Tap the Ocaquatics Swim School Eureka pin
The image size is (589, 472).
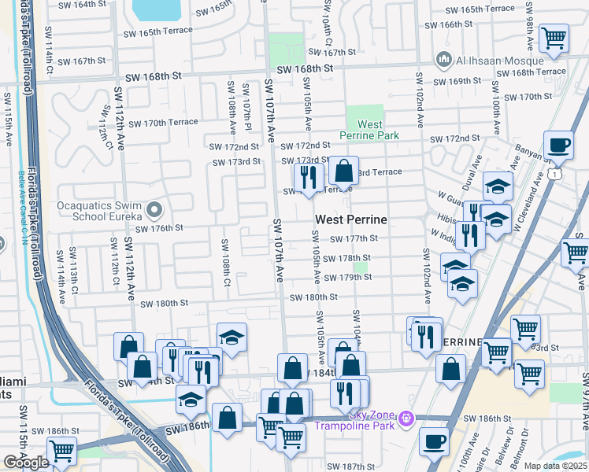pyautogui.click(x=154, y=210)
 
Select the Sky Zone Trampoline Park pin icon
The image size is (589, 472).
pyautogui.click(x=406, y=417)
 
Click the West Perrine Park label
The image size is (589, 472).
pyautogui.click(x=370, y=130)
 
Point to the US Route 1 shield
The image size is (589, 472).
pyautogui.click(x=556, y=171)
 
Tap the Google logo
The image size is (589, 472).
pyautogui.click(x=26, y=463)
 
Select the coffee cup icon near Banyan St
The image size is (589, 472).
pyautogui.click(x=559, y=146)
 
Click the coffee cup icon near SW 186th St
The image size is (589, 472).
pyautogui.click(x=434, y=442)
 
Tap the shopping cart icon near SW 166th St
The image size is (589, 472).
pyautogui.click(x=555, y=37)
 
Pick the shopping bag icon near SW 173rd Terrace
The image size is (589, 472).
pyautogui.click(x=344, y=170)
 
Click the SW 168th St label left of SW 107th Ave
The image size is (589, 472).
pyautogui.click(x=154, y=76)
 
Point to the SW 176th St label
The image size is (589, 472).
pyautogui.click(x=159, y=228)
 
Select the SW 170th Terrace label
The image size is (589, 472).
pyautogui.click(x=164, y=123)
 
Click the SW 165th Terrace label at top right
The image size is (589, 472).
pyautogui.click(x=480, y=9)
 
